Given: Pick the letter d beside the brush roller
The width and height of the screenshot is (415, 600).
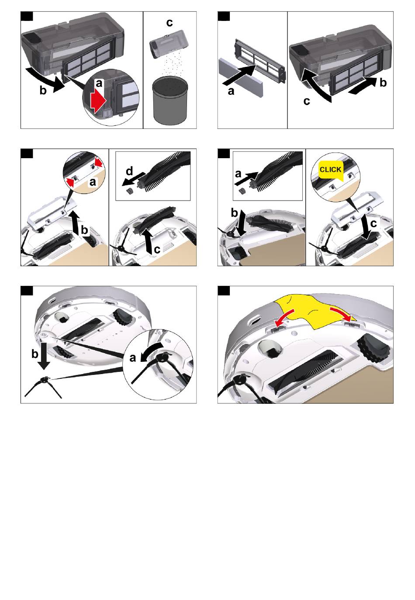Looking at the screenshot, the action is [x=129, y=171].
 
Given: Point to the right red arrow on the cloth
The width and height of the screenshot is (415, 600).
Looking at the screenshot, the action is [x=341, y=314].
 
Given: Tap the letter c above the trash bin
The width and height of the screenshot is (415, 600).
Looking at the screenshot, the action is [x=169, y=23].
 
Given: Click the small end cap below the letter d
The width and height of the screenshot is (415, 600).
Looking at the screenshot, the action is [x=130, y=191].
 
